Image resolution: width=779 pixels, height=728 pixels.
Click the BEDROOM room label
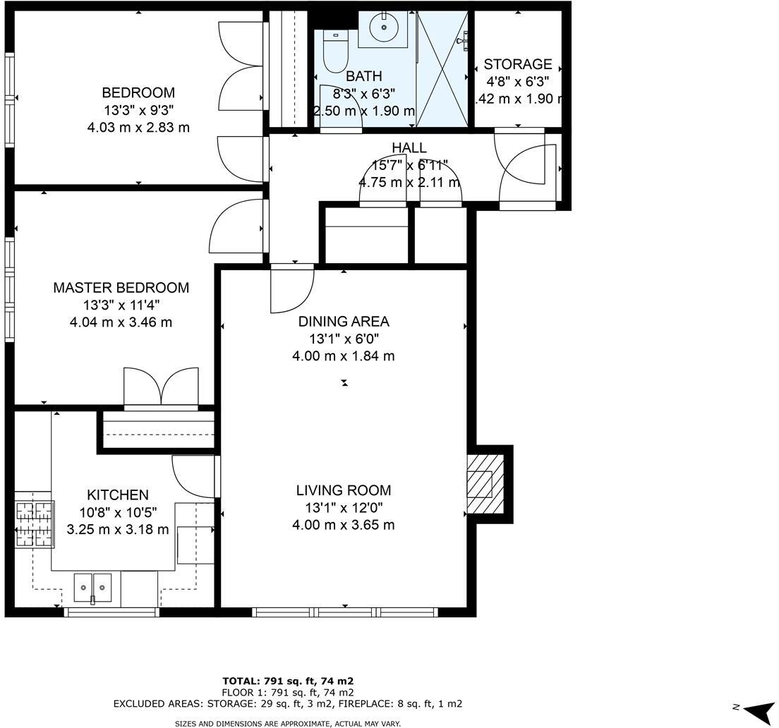click(138, 93)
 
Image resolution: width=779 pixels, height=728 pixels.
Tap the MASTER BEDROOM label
click(121, 288)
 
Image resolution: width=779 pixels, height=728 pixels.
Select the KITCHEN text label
click(117, 495)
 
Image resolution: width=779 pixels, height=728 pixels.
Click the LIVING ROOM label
click(343, 490)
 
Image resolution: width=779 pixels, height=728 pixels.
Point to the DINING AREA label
click(343, 322)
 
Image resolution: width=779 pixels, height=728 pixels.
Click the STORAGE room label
click(517, 65)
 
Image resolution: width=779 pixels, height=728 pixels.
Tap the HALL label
click(409, 148)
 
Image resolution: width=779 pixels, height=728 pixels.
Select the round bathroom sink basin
click(383, 28)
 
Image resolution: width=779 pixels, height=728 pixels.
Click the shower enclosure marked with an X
click(443, 68)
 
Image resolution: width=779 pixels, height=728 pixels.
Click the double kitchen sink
click(92, 588)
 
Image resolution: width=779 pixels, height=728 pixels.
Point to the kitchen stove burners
click(34, 523)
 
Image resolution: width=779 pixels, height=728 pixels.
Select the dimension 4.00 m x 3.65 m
click(343, 525)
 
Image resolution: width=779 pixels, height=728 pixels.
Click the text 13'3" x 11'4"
click(121, 305)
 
